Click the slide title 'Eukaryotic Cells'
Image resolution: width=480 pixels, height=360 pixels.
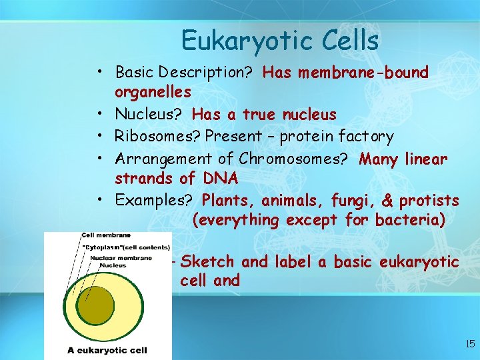point(279,41)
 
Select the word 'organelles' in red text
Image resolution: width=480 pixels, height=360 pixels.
point(153,91)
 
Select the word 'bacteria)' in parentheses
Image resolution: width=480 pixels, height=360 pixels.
point(411,219)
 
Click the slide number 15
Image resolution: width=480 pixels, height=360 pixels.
point(469,344)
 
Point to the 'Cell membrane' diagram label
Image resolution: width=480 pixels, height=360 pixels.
point(106,235)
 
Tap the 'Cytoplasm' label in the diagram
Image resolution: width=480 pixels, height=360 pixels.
point(105,248)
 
